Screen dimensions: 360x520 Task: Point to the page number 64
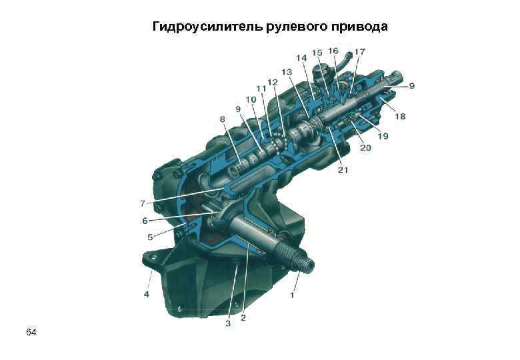pyautogui.click(x=31, y=331)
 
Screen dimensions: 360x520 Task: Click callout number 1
pyautogui.click(x=291, y=294)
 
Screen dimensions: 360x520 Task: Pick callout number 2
pyautogui.click(x=243, y=318)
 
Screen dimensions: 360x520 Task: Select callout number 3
pyautogui.click(x=227, y=323)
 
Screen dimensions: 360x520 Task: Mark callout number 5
pyautogui.click(x=151, y=236)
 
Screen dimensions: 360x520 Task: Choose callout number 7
pyautogui.click(x=142, y=203)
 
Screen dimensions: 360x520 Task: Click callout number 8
pyautogui.click(x=223, y=119)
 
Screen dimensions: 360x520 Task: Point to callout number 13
pyautogui.click(x=287, y=71)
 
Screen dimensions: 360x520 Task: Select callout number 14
pyautogui.click(x=301, y=58)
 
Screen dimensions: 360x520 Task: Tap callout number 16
pyautogui.click(x=333, y=51)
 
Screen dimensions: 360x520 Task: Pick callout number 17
pyautogui.click(x=359, y=51)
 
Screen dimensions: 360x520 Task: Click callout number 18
pyautogui.click(x=399, y=117)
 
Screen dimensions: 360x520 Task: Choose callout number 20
pyautogui.click(x=365, y=148)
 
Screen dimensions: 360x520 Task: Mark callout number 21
pyautogui.click(x=343, y=171)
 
